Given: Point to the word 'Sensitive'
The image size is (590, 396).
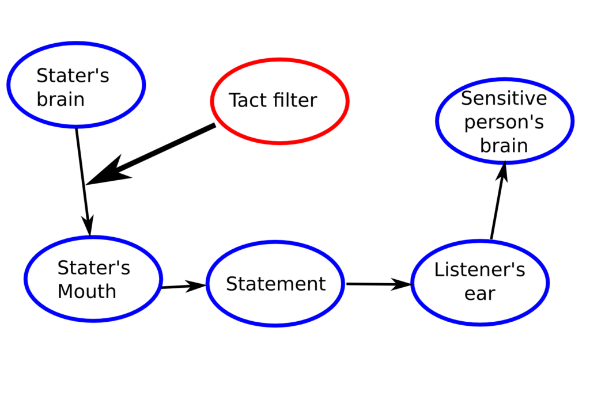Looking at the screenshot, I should pyautogui.click(x=504, y=98).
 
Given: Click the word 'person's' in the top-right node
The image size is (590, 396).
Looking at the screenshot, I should pyautogui.click(x=504, y=122).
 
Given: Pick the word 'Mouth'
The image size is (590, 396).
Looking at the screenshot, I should pyautogui.click(x=87, y=291).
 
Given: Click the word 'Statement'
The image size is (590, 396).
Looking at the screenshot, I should pyautogui.click(x=275, y=284).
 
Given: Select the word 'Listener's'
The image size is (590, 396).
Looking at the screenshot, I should pyautogui.click(x=479, y=270).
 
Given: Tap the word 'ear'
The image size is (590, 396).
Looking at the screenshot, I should pyautogui.click(x=479, y=294).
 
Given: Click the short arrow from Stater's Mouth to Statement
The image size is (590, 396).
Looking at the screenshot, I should pyautogui.click(x=183, y=286).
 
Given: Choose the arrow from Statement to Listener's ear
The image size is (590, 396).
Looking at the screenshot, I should pyautogui.click(x=377, y=284).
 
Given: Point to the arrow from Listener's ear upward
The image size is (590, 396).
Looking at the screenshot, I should pyautogui.click(x=498, y=201).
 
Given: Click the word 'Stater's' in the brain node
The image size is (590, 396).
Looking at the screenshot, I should pyautogui.click(x=73, y=76).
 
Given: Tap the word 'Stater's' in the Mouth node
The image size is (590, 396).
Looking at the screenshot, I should pyautogui.click(x=93, y=268).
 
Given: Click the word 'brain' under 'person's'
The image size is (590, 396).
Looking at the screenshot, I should pyautogui.click(x=504, y=145).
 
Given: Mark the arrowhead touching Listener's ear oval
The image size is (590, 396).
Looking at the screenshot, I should pyautogui.click(x=404, y=284).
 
